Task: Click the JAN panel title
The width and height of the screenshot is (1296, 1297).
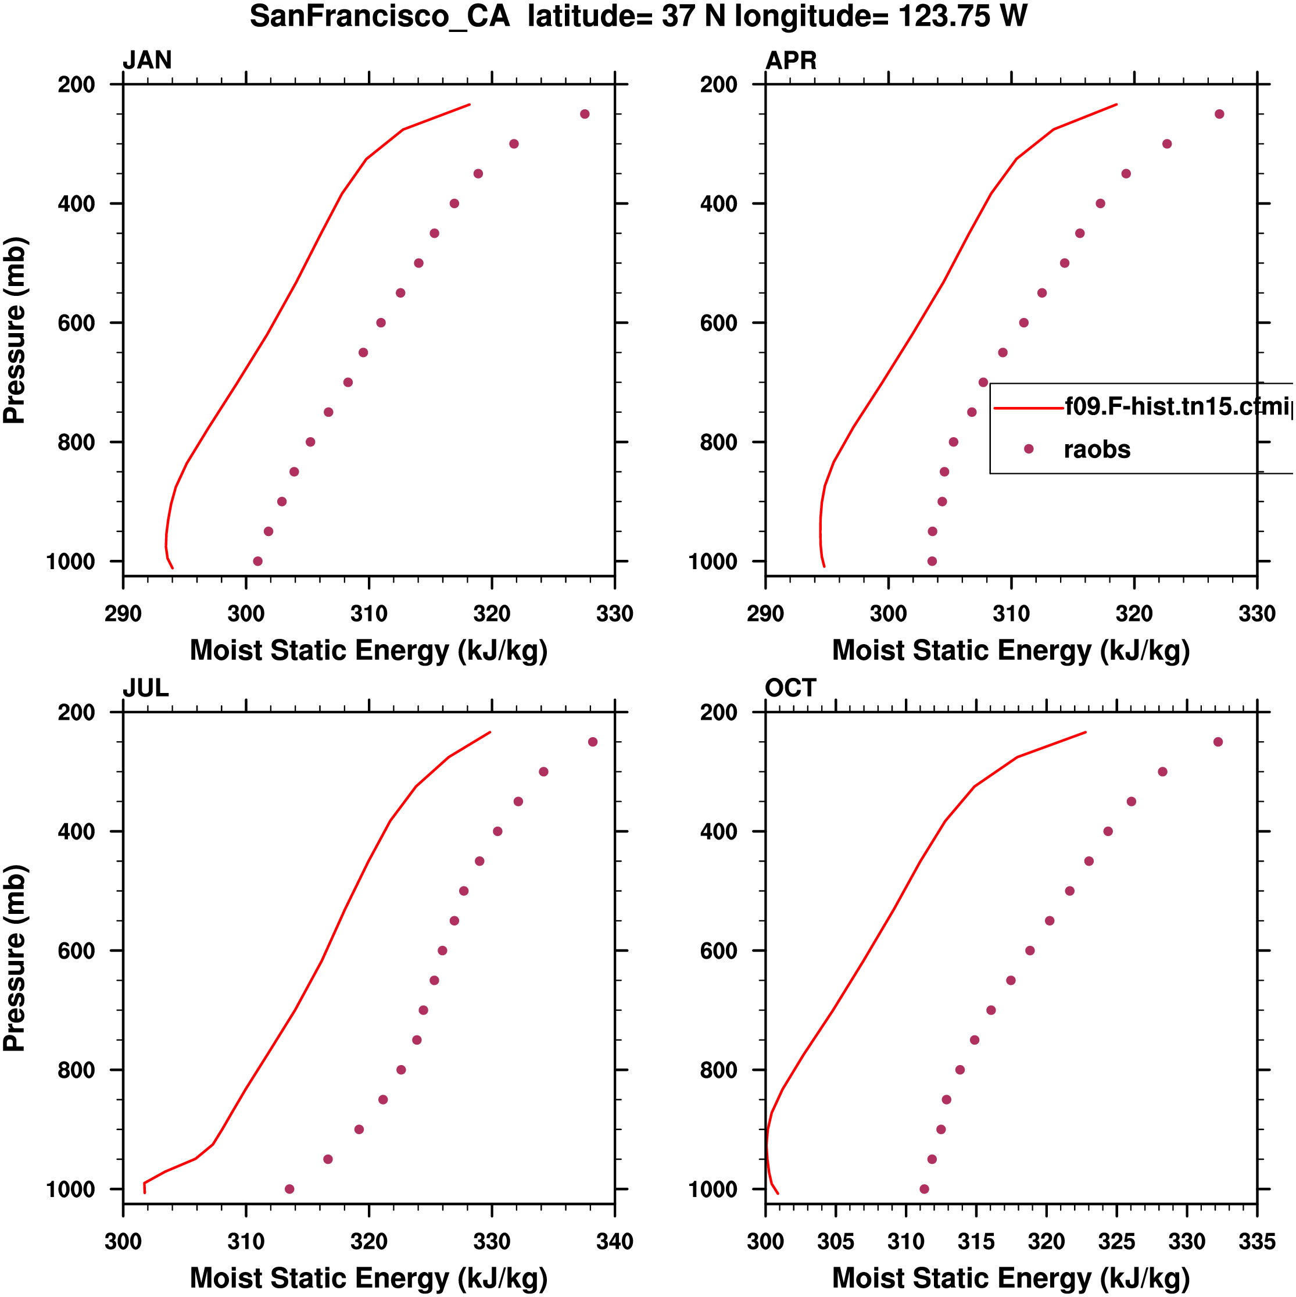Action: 147,60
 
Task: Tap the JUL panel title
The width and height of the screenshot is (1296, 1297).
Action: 146,688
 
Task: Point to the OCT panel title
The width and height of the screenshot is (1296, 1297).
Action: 790,688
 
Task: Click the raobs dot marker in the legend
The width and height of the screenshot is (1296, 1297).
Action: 1028,448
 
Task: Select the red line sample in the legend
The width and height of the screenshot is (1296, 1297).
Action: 1028,408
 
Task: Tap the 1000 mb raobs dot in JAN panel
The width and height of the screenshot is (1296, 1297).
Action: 257,561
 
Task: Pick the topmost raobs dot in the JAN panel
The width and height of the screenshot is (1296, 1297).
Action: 585,114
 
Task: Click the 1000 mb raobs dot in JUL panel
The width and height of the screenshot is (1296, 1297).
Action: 289,1189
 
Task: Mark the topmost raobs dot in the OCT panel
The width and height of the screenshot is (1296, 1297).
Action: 1218,742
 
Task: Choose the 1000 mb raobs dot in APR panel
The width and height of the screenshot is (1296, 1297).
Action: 932,561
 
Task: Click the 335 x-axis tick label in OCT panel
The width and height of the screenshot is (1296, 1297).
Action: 1256,1241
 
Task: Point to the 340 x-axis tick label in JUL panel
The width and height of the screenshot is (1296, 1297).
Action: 614,1241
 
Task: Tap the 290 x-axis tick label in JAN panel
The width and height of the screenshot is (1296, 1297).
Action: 123,613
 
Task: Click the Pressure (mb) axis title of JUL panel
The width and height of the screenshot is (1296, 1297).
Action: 15,958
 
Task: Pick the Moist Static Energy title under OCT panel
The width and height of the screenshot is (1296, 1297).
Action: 1011,1278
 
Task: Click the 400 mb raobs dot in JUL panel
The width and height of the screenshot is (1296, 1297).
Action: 497,831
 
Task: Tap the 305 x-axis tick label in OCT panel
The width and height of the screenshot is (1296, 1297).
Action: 836,1241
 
